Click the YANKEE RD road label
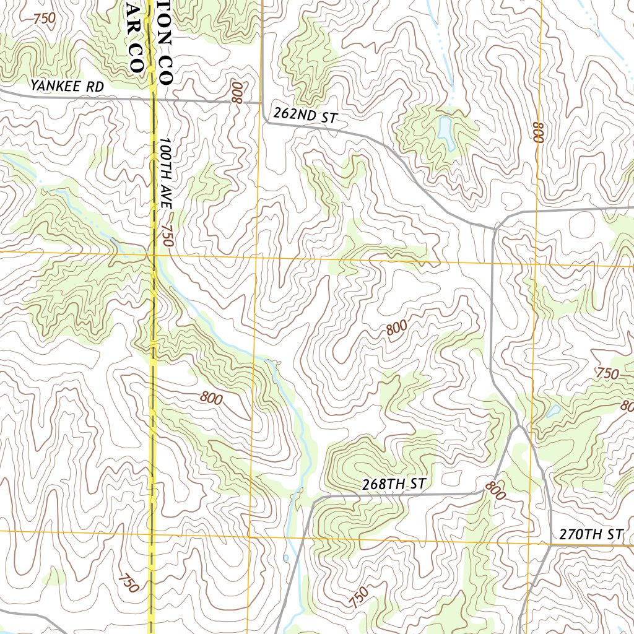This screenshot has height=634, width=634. click(67, 86)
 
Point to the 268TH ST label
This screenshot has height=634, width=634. click(394, 484)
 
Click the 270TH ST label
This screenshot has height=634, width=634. click(591, 534)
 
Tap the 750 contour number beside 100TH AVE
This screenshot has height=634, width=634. click(165, 236)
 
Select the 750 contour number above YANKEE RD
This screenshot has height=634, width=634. click(45, 19)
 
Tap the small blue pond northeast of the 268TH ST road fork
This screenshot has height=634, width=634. click(552, 410)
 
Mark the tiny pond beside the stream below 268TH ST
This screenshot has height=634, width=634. click(286, 558)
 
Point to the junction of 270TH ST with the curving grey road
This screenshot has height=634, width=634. click(550, 545)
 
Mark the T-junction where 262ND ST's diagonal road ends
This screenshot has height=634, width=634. click(494, 228)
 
